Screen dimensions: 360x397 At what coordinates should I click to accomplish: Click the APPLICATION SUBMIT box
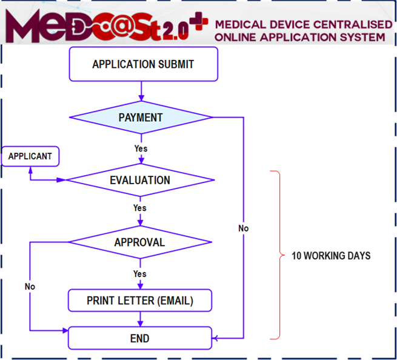pyautogui.click(x=143, y=64)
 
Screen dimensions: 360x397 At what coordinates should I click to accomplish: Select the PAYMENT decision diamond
pyautogui.click(x=140, y=117)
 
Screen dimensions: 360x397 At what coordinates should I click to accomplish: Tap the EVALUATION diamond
pyautogui.click(x=140, y=180)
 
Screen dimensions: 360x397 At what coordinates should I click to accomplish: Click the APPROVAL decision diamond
pyautogui.click(x=140, y=242)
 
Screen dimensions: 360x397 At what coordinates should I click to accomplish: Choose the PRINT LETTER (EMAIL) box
pyautogui.click(x=140, y=301)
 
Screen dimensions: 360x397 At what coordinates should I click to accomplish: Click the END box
pyautogui.click(x=140, y=338)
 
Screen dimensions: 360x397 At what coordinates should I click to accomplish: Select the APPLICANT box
pyautogui.click(x=30, y=156)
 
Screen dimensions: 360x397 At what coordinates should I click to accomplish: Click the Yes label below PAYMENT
pyautogui.click(x=141, y=148)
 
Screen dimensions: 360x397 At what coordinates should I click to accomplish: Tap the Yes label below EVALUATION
pyautogui.click(x=140, y=208)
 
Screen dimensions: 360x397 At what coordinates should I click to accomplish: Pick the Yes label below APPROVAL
pyautogui.click(x=140, y=274)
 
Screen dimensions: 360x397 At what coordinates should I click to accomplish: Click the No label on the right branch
pyautogui.click(x=243, y=228)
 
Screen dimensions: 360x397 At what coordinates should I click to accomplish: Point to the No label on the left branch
pyautogui.click(x=30, y=286)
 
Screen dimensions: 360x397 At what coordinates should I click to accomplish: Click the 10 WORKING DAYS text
pyautogui.click(x=331, y=256)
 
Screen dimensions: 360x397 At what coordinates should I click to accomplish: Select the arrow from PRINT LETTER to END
pyautogui.click(x=141, y=319)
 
